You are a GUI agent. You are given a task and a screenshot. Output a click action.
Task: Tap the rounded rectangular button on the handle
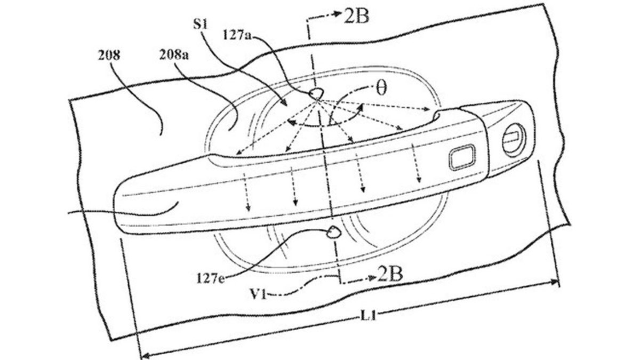coord(463,157)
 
